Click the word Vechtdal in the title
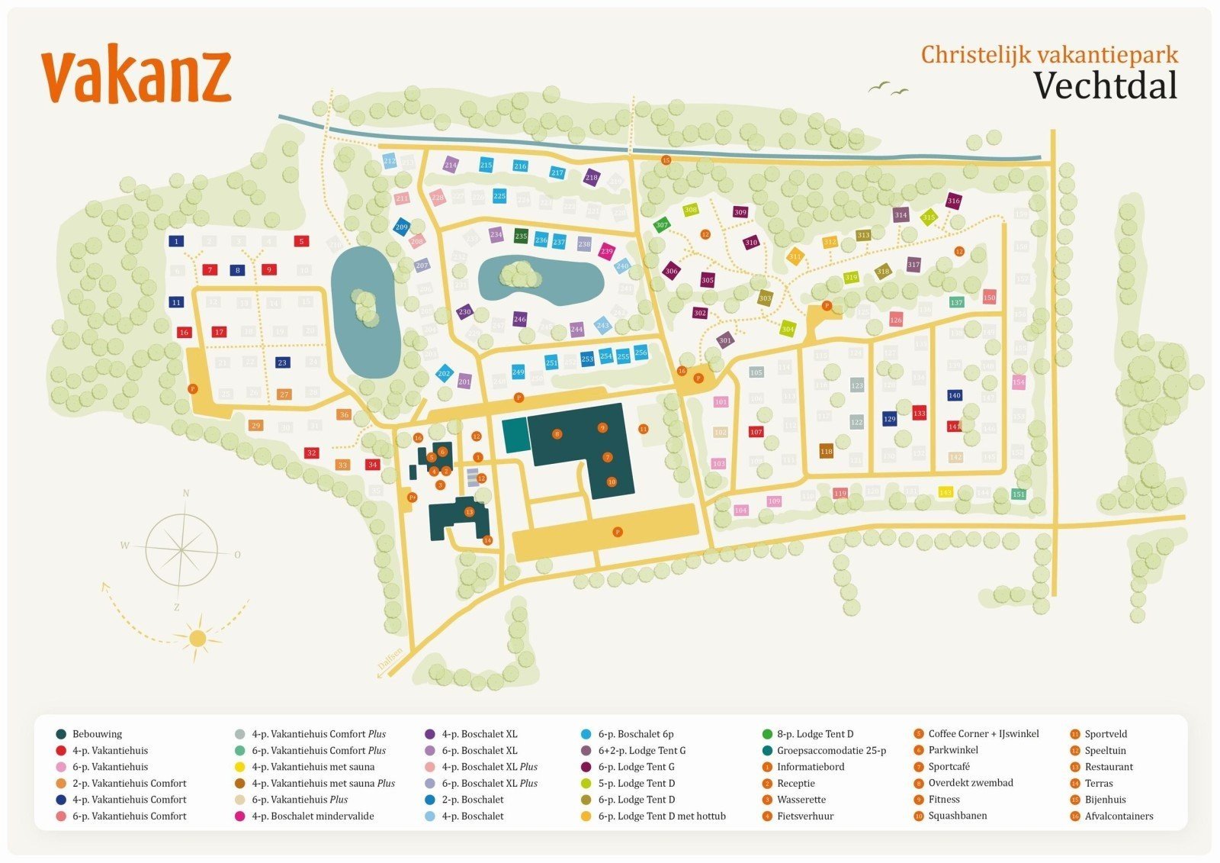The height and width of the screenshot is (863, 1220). (1105, 85)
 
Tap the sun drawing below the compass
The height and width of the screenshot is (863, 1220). (197, 637)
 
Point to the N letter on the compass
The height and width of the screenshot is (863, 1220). (185, 493)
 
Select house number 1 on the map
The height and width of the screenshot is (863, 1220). (176, 242)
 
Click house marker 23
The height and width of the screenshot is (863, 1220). (282, 362)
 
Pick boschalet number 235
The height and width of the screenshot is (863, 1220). (521, 237)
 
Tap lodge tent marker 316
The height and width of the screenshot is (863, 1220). (953, 201)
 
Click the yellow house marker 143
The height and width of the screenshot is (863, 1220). (945, 493)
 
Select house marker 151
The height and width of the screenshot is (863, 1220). (1018, 494)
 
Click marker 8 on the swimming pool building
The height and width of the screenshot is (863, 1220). (557, 433)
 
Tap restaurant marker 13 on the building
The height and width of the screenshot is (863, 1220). (469, 512)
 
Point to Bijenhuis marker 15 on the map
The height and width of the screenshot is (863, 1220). (666, 160)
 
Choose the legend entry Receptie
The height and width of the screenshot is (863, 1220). (796, 784)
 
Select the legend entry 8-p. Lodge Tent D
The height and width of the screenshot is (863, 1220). (814, 734)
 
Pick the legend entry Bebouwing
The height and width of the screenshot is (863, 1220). (97, 734)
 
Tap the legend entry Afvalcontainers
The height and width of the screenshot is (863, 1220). (1119, 816)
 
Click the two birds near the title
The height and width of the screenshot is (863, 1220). (888, 89)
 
